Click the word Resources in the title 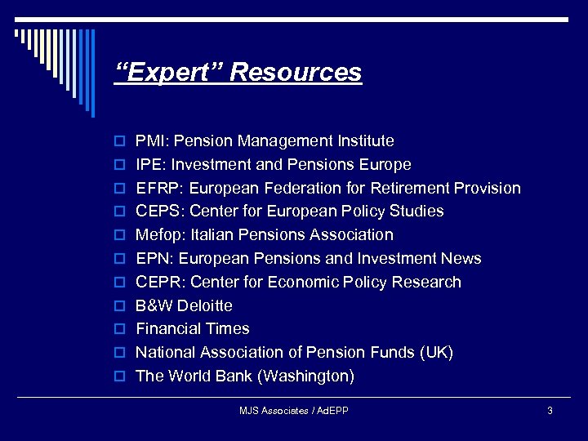click(x=296, y=73)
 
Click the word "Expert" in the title click(x=169, y=73)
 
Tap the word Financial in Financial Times click(x=169, y=329)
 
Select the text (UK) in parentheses click(x=434, y=353)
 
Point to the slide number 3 click(x=550, y=410)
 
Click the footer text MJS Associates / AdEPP click(x=294, y=410)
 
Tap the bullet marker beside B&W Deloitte click(x=118, y=306)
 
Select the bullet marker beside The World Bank click(x=118, y=377)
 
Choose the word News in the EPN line click(x=461, y=259)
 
